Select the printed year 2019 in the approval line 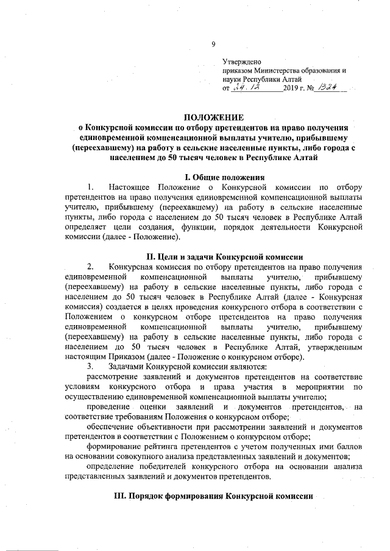tap(291, 89)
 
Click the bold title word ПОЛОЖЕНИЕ tap(213, 116)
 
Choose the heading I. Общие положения tap(213, 176)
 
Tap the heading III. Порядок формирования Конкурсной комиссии tap(213, 496)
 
